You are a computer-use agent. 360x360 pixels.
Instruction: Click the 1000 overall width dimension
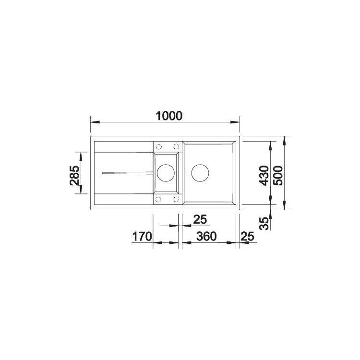169,116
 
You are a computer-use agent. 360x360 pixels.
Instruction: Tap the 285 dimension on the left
74,175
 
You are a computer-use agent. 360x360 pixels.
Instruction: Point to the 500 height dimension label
278,175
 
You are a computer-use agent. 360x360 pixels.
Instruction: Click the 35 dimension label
264,223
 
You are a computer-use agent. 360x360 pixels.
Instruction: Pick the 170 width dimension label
142,237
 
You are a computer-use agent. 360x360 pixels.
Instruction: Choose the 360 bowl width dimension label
206,237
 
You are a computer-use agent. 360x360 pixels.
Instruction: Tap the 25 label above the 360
200,219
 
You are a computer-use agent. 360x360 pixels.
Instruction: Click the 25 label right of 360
247,237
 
